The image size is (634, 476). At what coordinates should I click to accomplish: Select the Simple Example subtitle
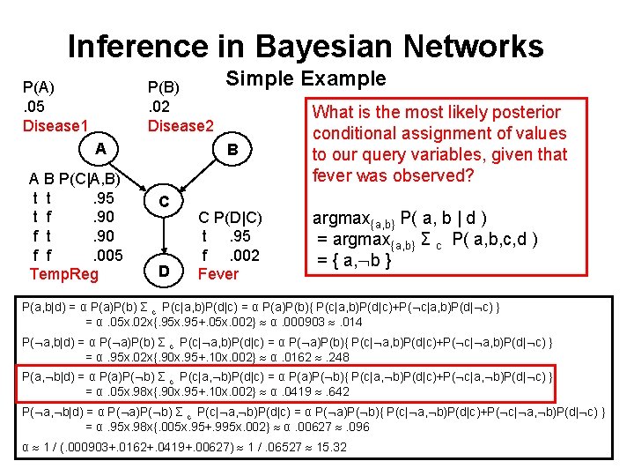[306, 78]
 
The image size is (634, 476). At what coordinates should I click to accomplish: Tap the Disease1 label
[55, 126]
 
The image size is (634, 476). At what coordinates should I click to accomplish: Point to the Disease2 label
[181, 126]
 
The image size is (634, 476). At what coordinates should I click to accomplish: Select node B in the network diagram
[232, 150]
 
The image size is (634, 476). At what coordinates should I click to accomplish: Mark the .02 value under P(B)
[160, 106]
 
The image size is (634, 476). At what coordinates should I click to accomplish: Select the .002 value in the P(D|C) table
[243, 256]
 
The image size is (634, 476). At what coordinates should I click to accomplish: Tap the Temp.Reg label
[64, 274]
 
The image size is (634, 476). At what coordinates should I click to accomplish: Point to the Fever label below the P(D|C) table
[218, 274]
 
